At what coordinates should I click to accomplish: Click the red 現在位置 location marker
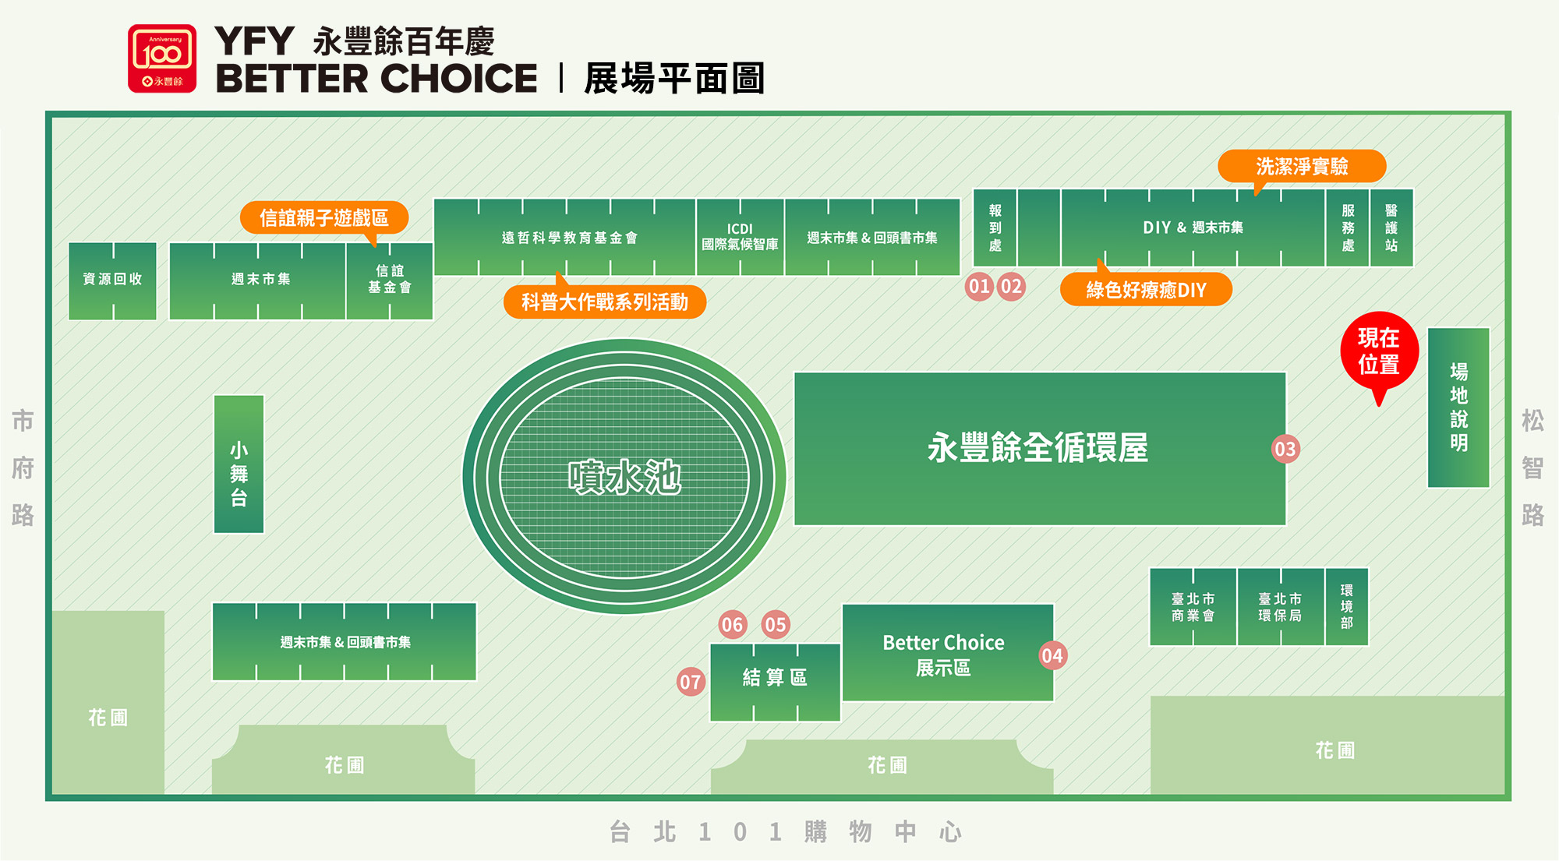coord(1378,351)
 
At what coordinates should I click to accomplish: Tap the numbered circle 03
coord(1285,449)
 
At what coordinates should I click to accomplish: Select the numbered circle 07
coord(690,682)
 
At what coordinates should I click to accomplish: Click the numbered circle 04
coord(1052,655)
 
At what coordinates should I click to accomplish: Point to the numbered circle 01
coord(979,286)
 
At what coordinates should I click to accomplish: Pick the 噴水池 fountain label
coord(624,477)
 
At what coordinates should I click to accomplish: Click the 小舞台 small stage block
coord(239,464)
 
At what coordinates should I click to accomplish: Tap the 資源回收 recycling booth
coord(112,280)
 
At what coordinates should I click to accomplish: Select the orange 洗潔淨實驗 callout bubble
coord(1301,166)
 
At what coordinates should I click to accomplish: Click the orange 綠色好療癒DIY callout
coord(1146,290)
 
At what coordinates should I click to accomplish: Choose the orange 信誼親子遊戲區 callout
coord(323,217)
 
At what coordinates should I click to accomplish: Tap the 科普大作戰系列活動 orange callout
coord(604,302)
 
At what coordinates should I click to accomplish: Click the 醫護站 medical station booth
coord(1391,228)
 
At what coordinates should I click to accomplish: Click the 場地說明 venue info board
coord(1458,408)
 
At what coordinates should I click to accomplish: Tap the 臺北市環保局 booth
coord(1279,607)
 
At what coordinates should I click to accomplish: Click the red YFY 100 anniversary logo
coord(162,58)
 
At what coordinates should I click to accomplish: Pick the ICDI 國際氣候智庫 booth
coord(740,237)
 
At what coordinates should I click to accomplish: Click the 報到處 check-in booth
coord(995,228)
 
